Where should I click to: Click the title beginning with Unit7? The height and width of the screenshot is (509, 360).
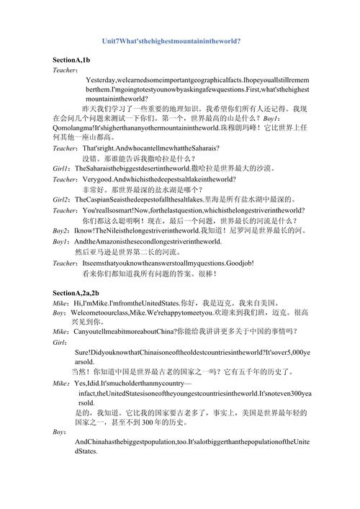click(x=171, y=42)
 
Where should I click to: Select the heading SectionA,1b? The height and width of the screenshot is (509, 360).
click(x=71, y=59)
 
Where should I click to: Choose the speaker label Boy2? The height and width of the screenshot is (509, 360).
click(x=63, y=230)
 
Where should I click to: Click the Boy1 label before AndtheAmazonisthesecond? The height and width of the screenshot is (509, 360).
click(x=63, y=242)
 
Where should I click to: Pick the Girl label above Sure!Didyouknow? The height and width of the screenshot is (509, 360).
click(x=60, y=342)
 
